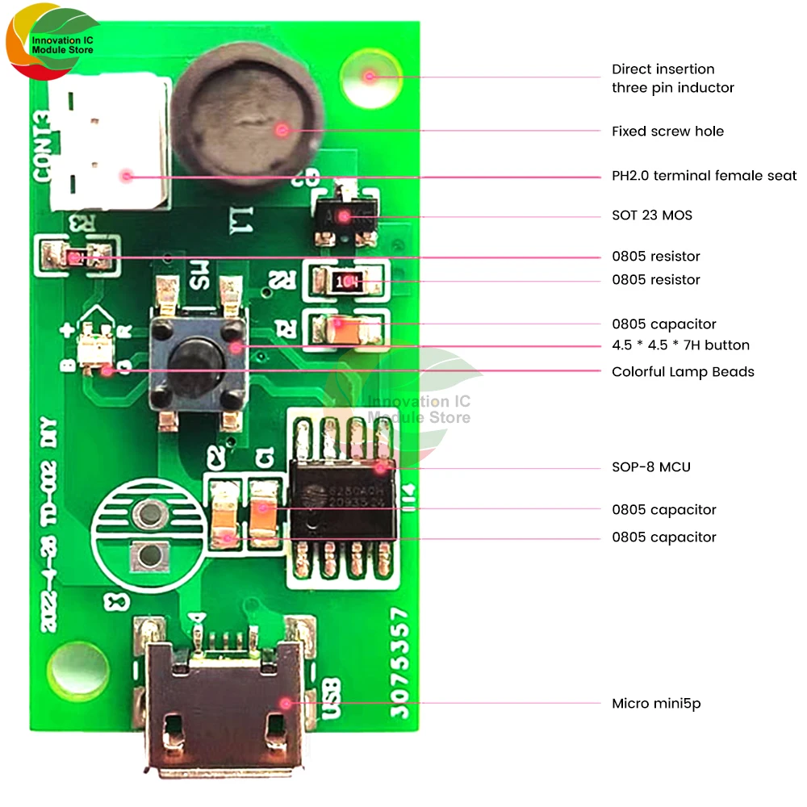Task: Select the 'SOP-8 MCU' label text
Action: pos(650,467)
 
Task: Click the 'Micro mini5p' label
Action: pos(656,704)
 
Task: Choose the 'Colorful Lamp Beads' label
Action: pos(683,372)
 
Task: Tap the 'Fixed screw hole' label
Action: pos(667,131)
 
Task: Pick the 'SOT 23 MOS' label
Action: pos(651,215)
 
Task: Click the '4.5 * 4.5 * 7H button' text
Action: pos(680,345)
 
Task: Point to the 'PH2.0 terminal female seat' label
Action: pos(704,176)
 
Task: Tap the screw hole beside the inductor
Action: pos(369,77)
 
